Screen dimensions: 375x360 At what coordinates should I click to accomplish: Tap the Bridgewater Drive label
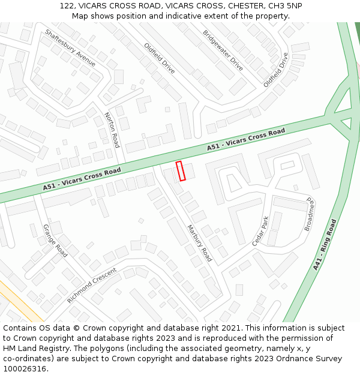coord(223,50)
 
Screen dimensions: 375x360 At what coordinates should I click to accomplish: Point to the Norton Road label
coord(112,130)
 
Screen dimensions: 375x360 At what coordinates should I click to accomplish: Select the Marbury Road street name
coord(199,243)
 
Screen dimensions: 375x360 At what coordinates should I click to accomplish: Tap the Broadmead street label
coord(310,214)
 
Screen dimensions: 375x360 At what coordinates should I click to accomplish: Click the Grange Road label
coord(55,241)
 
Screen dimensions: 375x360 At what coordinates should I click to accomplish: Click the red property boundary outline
coord(181,170)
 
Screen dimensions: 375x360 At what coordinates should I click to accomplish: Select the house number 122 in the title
coord(67,6)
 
